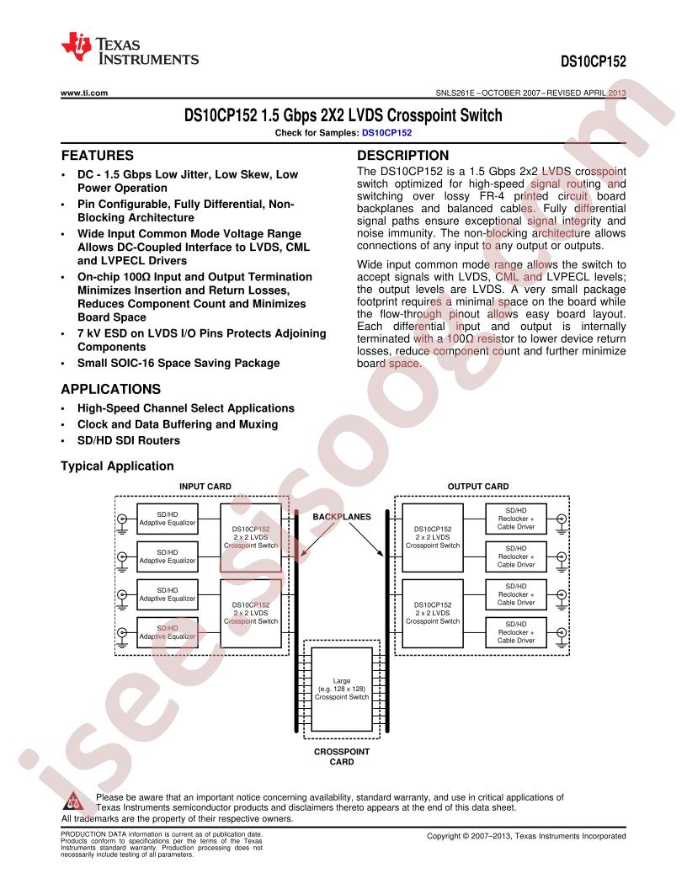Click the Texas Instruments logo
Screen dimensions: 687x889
pyautogui.click(x=130, y=50)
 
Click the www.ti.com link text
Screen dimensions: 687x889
pyautogui.click(x=84, y=93)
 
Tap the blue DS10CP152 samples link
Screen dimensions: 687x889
pyautogui.click(x=386, y=133)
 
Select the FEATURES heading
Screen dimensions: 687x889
pyautogui.click(x=98, y=156)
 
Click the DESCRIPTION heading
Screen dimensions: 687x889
pyautogui.click(x=402, y=156)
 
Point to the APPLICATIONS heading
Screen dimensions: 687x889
pyautogui.click(x=111, y=389)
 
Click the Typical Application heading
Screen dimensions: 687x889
pyautogui.click(x=117, y=466)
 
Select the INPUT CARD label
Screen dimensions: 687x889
pyautogui.click(x=205, y=487)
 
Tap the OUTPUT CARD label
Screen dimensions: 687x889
pyautogui.click(x=478, y=487)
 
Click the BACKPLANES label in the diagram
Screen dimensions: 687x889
pyautogui.click(x=342, y=517)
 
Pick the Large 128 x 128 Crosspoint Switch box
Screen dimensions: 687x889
pyautogui.click(x=342, y=689)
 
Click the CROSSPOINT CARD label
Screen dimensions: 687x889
pyautogui.click(x=342, y=757)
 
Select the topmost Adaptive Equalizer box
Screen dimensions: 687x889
pyautogui.click(x=168, y=519)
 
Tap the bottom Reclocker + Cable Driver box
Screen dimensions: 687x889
pyautogui.click(x=516, y=632)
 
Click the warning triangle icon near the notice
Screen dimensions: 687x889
pyautogui.click(x=74, y=801)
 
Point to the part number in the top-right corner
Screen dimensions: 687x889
pyautogui.click(x=594, y=61)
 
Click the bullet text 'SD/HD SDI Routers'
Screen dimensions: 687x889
pyautogui.click(x=129, y=440)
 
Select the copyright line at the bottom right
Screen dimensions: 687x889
pyautogui.click(x=526, y=836)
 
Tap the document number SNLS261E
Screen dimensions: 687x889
pyautogui.click(x=455, y=93)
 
